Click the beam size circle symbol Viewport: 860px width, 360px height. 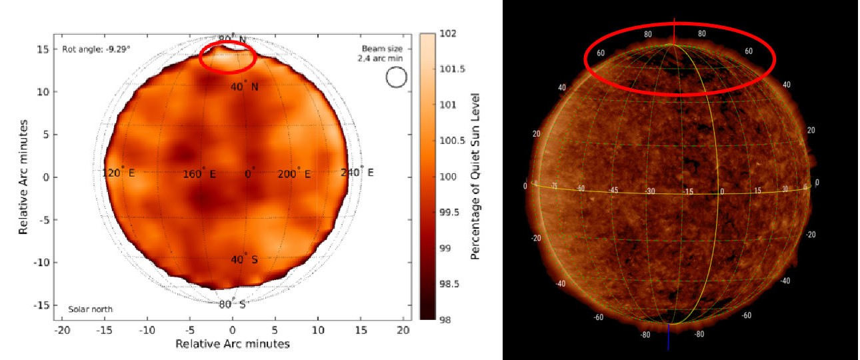(396, 77)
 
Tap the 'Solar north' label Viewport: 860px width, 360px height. (90, 309)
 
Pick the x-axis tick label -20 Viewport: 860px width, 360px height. (63, 330)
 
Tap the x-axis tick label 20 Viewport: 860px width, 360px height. (403, 330)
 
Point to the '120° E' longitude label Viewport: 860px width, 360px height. (119, 173)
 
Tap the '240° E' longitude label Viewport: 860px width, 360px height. (357, 173)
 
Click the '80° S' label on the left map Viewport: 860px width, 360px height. (233, 304)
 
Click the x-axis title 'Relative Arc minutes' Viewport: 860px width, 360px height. (232, 343)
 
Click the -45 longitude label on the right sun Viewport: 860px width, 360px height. (614, 190)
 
